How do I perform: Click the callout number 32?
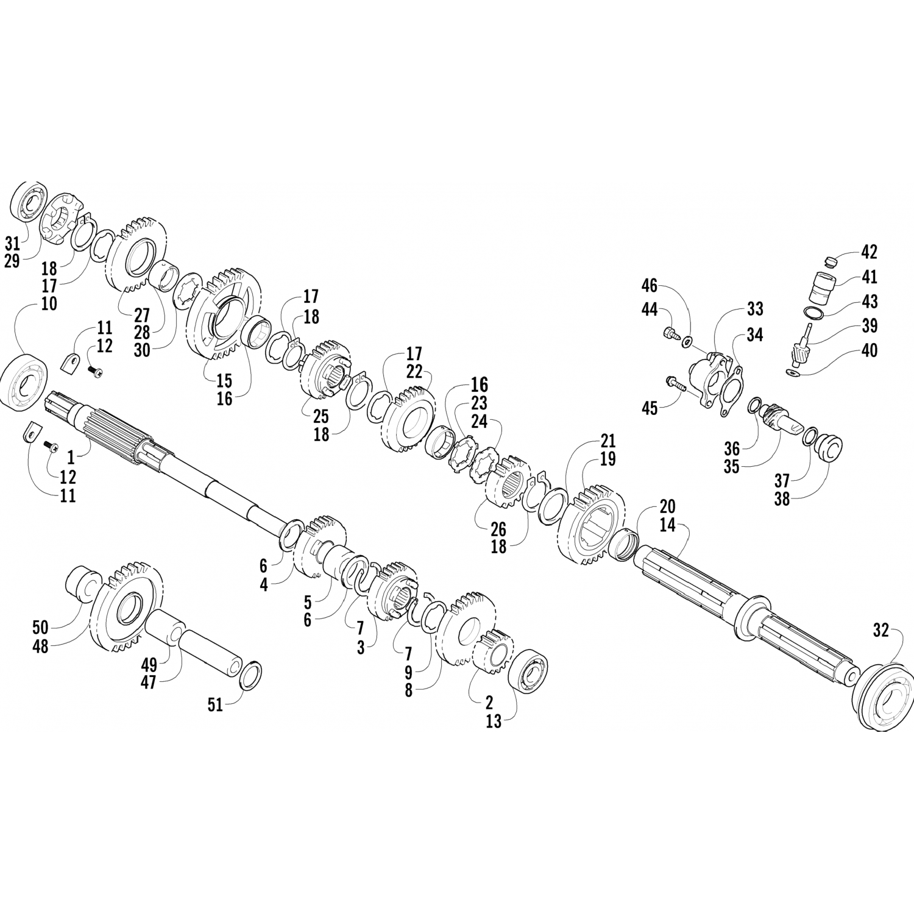880,632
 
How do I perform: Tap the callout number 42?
869,251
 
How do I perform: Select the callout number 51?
215,705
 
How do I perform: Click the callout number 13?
494,721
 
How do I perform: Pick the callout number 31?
12,244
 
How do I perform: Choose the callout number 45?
650,408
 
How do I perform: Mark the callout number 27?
141,315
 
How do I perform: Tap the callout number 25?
321,417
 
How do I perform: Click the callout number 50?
40,626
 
